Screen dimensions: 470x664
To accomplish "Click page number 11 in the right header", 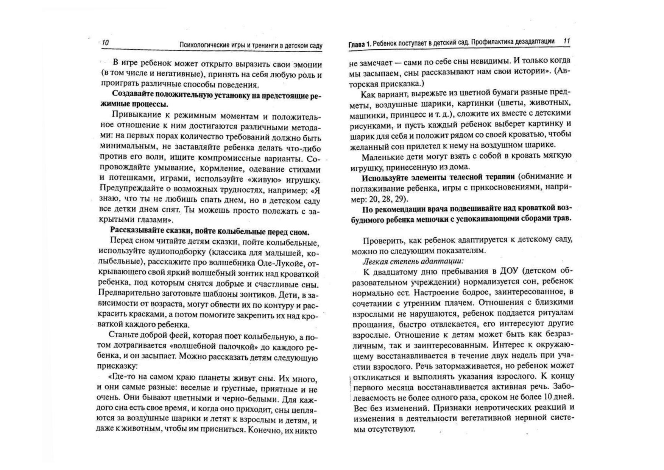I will click(x=566, y=41).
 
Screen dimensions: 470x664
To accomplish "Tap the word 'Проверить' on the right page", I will click(x=380, y=241).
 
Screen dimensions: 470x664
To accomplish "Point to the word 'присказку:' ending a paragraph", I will click(x=117, y=366).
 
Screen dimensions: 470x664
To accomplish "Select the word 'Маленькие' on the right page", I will click(x=379, y=157).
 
